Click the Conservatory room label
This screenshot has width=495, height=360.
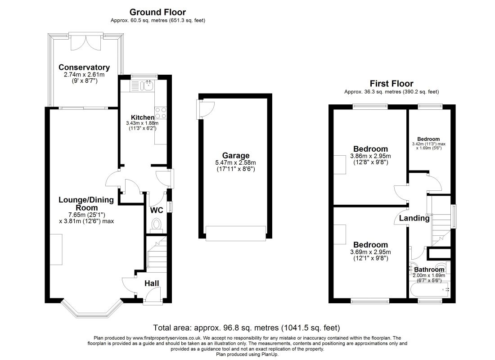coord(84,67)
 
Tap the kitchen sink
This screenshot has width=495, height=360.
coord(147,85)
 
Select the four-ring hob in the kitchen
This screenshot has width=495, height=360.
coord(160,113)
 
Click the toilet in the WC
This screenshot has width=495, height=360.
coord(156,224)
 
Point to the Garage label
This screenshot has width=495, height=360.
coord(235,155)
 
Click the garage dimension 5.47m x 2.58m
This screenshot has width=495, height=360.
coord(235,162)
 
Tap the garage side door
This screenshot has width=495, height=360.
coord(205,109)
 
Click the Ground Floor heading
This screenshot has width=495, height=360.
coord(157,12)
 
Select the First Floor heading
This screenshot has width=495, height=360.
coord(391,84)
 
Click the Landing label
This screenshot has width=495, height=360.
coord(414,218)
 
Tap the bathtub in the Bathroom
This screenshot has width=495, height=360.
coord(430,290)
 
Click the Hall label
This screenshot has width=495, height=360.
coord(152,283)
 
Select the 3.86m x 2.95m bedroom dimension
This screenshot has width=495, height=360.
coord(370,156)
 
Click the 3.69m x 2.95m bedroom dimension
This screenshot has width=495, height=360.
coord(370,252)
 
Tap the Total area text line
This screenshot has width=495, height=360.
coord(247,328)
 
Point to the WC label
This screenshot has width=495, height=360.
coord(157,210)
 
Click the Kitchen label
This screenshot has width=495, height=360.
coord(142,117)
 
